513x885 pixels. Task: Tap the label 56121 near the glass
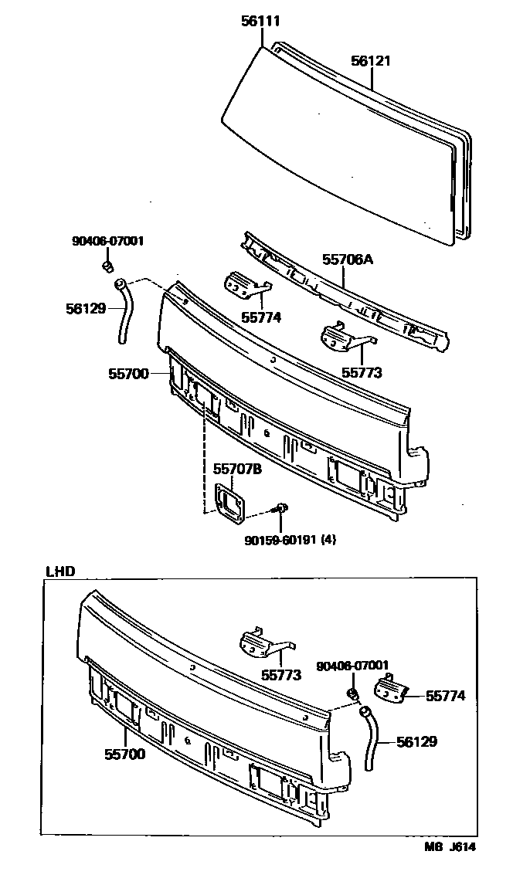pos(372,59)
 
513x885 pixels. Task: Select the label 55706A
pos(347,260)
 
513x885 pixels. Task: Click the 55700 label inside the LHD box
pos(125,754)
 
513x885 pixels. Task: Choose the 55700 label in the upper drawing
pos(128,373)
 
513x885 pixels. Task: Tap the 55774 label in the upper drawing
pos(260,317)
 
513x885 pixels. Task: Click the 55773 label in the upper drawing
pos(362,372)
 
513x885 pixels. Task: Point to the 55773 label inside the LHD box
pos(280,673)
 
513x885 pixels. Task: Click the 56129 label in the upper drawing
pos(86,307)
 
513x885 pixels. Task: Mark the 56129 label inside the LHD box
pos(416,741)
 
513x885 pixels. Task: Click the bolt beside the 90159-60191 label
pos(283,507)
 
